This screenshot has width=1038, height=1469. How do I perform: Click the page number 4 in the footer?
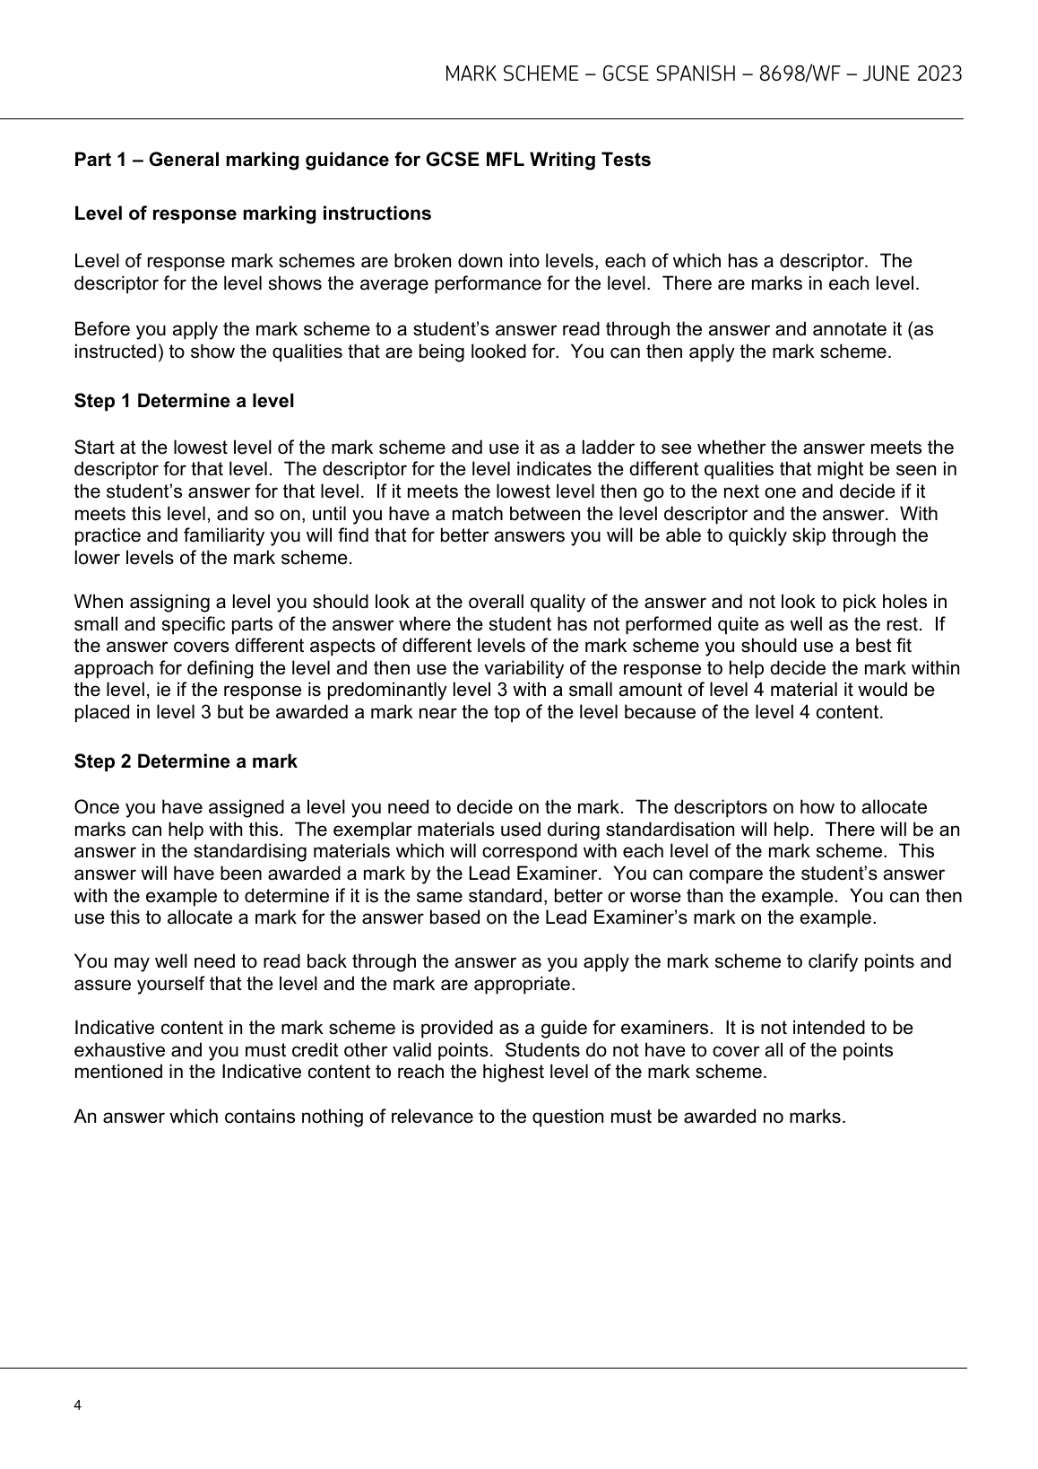78,1405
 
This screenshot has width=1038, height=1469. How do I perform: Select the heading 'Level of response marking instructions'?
252,213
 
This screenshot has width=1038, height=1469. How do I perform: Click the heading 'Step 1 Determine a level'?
184,401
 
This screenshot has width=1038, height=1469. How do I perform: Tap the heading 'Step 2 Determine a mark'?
186,761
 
